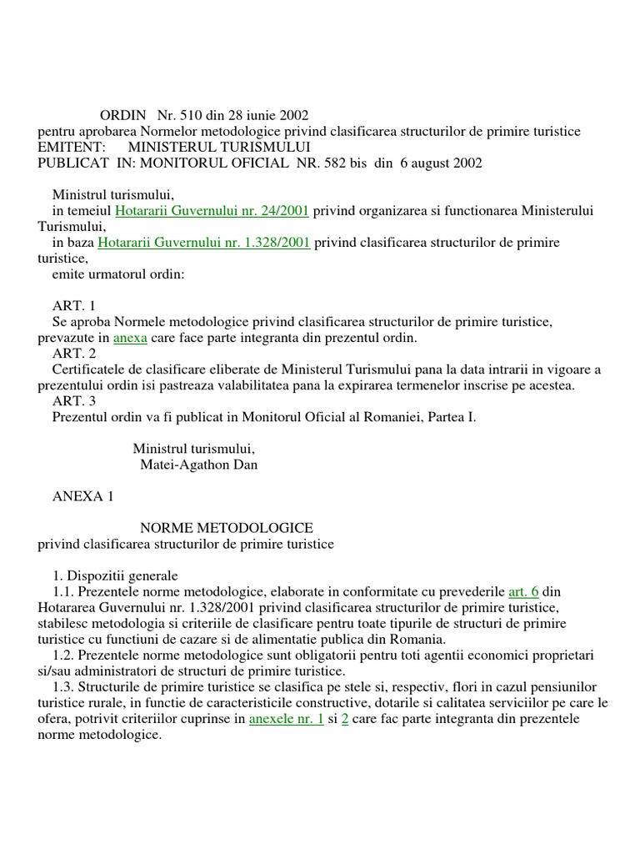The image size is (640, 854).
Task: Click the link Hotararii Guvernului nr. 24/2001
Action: (x=212, y=212)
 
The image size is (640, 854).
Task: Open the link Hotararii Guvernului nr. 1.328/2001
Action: (x=204, y=243)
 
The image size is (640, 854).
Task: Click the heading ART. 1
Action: (x=74, y=307)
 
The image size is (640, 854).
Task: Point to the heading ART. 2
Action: (x=74, y=354)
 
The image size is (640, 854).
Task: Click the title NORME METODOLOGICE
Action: (x=226, y=528)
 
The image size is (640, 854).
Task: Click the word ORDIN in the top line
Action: (x=122, y=116)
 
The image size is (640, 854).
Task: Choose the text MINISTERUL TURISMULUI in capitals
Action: (x=213, y=148)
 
